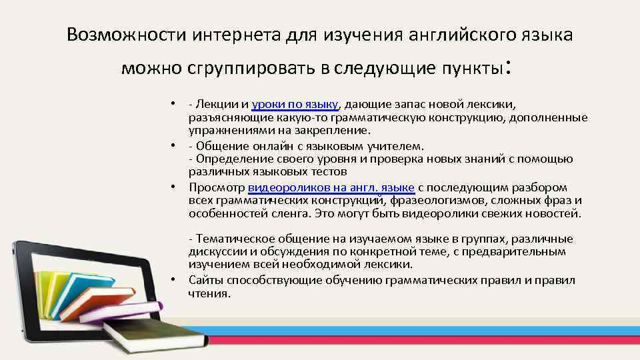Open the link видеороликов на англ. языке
pyautogui.click(x=331, y=187)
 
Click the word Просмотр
pyautogui.click(x=217, y=187)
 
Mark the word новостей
pyautogui.click(x=557, y=214)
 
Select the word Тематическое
pyautogui.click(x=229, y=239)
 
